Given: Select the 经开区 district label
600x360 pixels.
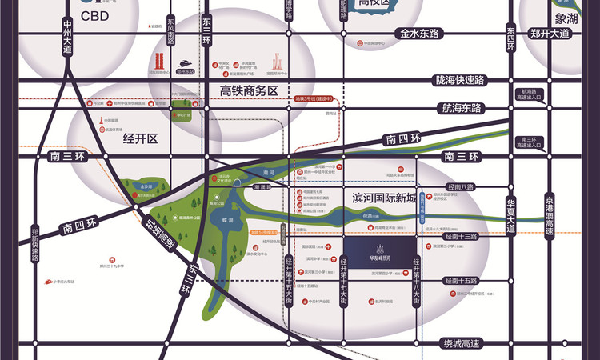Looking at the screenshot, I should tap(142, 138).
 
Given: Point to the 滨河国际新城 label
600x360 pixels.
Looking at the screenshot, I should tap(384, 197).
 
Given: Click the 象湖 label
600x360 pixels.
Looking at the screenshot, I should tap(567, 15).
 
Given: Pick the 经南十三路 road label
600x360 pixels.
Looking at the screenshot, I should tap(459, 238).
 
